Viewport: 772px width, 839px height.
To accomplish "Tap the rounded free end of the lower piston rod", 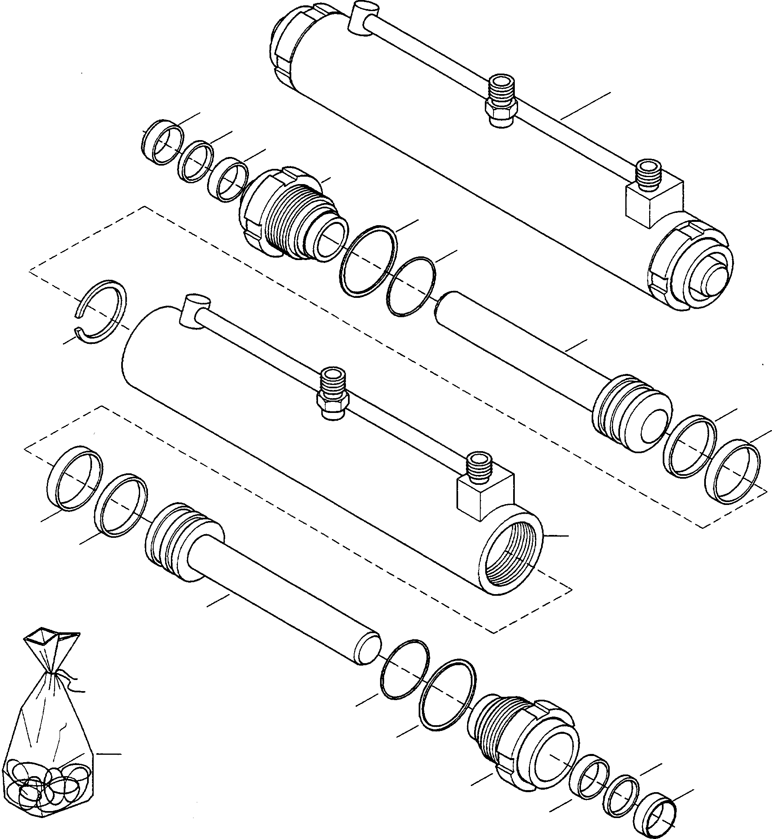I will pyautogui.click(x=368, y=648).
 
